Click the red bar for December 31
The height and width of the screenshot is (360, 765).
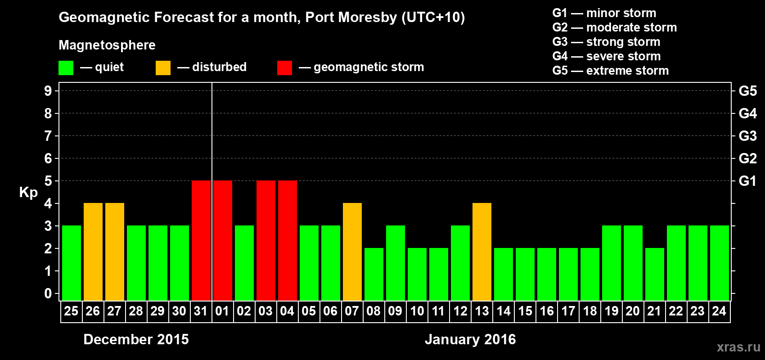(201, 240)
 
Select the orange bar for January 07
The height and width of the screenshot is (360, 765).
(352, 252)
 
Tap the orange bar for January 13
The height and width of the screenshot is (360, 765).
(482, 252)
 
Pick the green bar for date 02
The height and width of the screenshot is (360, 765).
(244, 263)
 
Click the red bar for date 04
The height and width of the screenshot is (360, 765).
(288, 240)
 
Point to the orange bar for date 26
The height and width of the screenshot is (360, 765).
(93, 252)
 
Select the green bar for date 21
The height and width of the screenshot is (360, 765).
(655, 274)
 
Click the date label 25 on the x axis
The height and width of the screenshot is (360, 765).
(71, 311)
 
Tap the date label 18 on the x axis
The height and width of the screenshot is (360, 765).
(590, 311)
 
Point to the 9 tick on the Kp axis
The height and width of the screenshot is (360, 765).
(48, 91)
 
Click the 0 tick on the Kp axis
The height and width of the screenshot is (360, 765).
(48, 293)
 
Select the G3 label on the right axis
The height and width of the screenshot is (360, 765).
(747, 136)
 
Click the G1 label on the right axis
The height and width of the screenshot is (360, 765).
(747, 181)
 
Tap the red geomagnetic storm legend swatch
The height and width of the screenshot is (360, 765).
(284, 68)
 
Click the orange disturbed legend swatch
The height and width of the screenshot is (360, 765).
(163, 68)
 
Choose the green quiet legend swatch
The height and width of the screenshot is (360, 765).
(66, 68)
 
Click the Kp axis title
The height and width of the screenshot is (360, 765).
(28, 192)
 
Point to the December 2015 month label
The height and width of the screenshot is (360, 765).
(136, 339)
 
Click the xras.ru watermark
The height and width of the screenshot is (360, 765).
(738, 347)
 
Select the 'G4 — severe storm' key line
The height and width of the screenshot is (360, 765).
(606, 56)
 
